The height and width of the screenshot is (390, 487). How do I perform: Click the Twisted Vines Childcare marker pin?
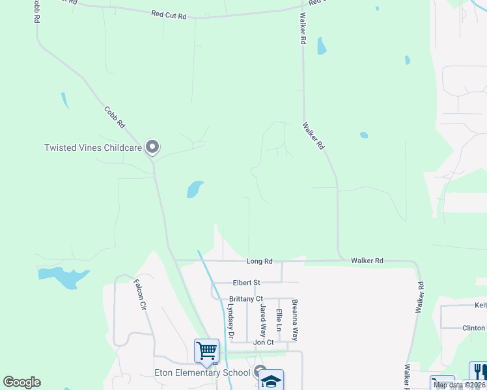tap(152, 147)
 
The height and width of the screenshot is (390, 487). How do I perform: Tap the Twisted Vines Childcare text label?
tap(93, 148)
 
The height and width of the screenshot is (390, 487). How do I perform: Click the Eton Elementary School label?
tap(202, 372)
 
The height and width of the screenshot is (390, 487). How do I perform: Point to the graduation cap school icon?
tap(271, 381)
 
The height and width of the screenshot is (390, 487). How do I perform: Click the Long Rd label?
tap(259, 261)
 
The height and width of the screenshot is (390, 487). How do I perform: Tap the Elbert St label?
tap(247, 283)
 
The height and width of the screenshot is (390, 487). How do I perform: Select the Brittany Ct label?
tap(245, 299)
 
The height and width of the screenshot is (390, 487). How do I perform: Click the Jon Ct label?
tap(263, 342)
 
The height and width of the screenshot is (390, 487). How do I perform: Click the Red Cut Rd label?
tap(169, 14)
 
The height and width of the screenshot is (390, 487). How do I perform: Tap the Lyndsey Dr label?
tap(230, 321)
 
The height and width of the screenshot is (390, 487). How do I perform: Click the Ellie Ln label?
tap(279, 321)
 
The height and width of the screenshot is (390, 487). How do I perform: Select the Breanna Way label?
tap(295, 320)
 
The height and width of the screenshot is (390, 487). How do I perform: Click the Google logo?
tap(21, 382)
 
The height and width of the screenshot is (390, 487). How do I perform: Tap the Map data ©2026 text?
tap(459, 385)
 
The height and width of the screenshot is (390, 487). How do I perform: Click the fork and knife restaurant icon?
tap(478, 372)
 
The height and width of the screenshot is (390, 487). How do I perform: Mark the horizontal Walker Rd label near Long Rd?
tap(367, 261)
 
